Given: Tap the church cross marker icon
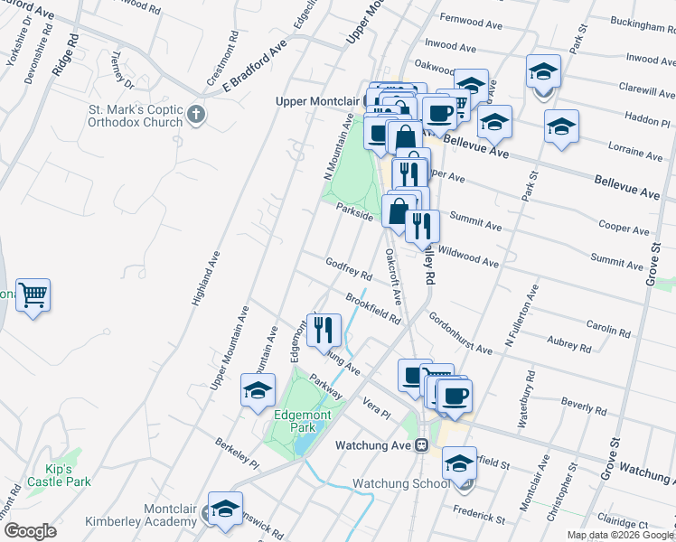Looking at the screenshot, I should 198,116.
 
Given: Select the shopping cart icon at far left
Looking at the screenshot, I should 33,294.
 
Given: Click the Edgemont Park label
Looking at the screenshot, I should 304,420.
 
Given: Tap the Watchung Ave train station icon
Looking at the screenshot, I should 421,445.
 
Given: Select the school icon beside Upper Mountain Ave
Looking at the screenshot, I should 258,390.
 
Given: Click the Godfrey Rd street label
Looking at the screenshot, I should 349,267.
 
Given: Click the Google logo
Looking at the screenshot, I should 31,531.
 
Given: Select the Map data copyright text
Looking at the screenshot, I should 620,535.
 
